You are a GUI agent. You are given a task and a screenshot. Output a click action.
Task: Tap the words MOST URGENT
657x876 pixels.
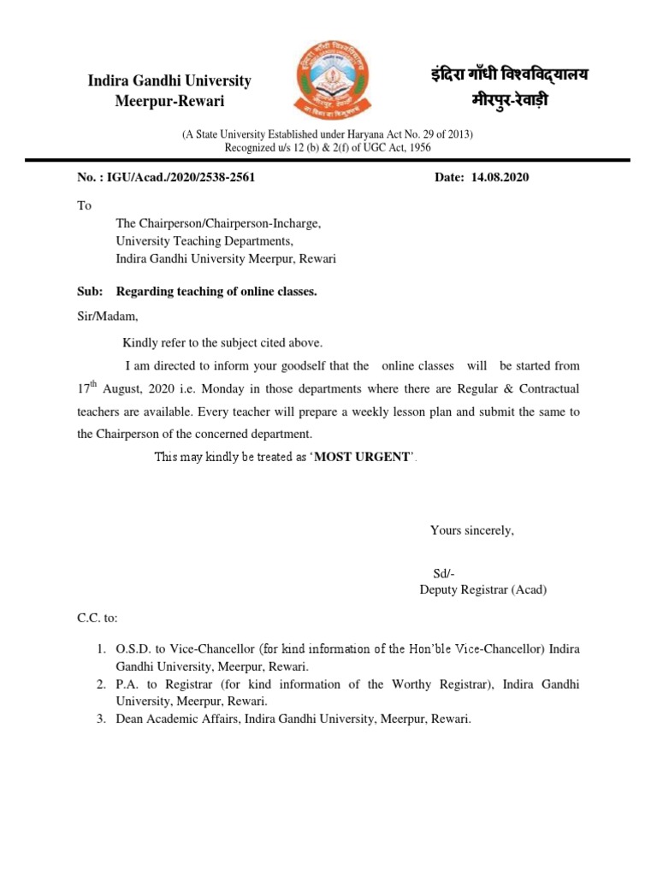[364, 457]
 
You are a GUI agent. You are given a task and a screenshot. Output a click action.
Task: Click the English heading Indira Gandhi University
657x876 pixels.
[169, 81]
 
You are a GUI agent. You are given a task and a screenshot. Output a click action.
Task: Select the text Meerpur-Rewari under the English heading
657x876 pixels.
[169, 102]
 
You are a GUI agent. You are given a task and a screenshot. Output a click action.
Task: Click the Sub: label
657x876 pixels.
[89, 292]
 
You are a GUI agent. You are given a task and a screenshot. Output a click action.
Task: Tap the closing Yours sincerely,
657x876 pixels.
[471, 530]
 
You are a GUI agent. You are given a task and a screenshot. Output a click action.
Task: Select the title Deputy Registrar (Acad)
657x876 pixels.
[482, 589]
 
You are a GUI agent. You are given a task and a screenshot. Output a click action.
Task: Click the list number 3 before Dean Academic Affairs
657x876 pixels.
[101, 719]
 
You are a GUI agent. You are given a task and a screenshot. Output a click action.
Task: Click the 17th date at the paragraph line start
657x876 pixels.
[89, 388]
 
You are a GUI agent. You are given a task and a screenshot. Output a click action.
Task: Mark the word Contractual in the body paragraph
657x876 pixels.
[548, 388]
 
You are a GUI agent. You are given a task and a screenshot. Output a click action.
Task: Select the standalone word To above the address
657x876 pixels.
[84, 206]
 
